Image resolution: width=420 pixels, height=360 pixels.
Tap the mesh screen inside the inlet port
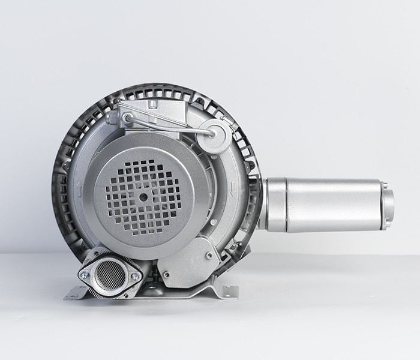click(x=107, y=274)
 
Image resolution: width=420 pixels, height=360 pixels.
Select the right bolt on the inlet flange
click(x=134, y=276)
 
